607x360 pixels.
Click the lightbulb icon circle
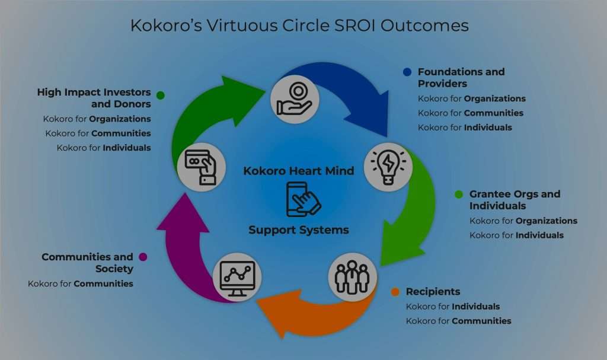388,167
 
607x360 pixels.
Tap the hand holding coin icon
295,99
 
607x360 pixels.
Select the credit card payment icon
202,167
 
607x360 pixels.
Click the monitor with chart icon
237,278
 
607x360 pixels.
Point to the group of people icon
352,278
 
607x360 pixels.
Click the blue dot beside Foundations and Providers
407,72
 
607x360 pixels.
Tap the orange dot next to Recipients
395,292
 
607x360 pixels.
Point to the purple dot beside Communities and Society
143,257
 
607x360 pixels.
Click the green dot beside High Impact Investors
161,95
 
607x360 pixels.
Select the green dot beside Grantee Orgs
459,194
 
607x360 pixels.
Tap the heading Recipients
433,291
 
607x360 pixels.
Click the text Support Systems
299,230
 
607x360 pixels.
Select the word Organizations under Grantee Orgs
546,221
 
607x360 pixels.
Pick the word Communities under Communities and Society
103,283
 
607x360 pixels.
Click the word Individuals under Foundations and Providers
488,128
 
